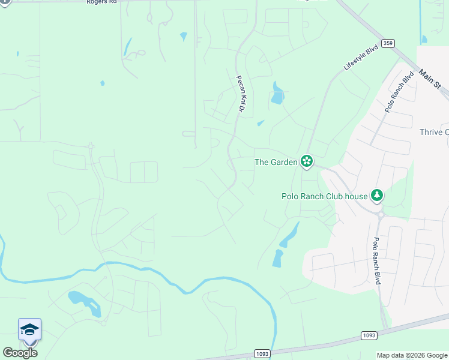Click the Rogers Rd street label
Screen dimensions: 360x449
pos(101,2)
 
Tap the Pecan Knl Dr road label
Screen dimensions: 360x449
pos(241,94)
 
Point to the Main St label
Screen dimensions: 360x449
pos(430,79)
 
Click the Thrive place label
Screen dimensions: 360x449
pos(433,132)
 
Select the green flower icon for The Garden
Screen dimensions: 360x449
pos(307,161)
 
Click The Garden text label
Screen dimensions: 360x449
pos(276,162)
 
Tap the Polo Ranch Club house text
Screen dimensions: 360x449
pos(325,196)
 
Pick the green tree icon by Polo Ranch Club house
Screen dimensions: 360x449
pos(376,194)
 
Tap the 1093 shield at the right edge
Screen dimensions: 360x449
pos(369,335)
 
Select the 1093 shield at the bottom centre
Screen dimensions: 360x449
pos(261,353)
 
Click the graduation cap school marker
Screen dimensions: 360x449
pos(29,329)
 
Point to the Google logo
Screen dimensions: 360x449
pos(20,353)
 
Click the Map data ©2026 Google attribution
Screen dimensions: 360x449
pos(412,355)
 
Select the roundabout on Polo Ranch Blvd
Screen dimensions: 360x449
pos(380,213)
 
